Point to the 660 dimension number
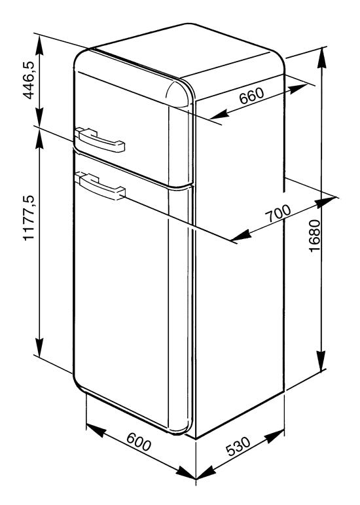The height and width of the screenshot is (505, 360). (x=251, y=96)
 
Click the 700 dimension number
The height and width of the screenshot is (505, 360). (x=278, y=214)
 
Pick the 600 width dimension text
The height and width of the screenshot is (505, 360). (x=139, y=442)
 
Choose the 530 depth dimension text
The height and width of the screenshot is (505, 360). (x=238, y=446)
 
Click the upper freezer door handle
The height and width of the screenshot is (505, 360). (x=99, y=140)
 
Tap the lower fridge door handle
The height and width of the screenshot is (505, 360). (x=99, y=186)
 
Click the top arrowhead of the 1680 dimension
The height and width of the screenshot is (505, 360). (x=321, y=58)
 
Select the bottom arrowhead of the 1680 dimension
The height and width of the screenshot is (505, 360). (x=321, y=361)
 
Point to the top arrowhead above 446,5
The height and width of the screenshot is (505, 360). (x=39, y=45)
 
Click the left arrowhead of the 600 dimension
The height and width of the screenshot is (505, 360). (x=96, y=430)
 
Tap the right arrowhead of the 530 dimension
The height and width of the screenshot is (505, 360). (x=275, y=436)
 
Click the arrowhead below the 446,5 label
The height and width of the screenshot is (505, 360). (x=39, y=117)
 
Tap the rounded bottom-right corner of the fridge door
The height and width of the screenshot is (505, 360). (x=186, y=428)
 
